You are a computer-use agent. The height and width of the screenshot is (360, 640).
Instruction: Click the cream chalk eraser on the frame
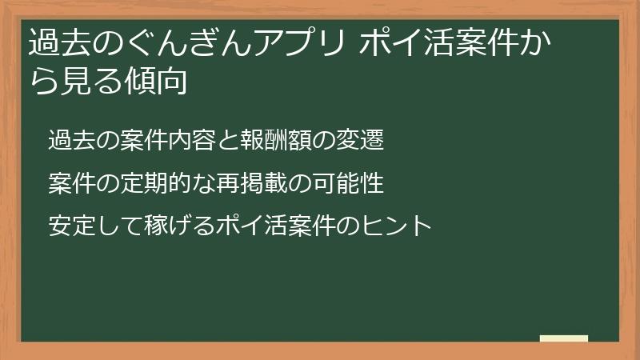[x=563, y=338]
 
